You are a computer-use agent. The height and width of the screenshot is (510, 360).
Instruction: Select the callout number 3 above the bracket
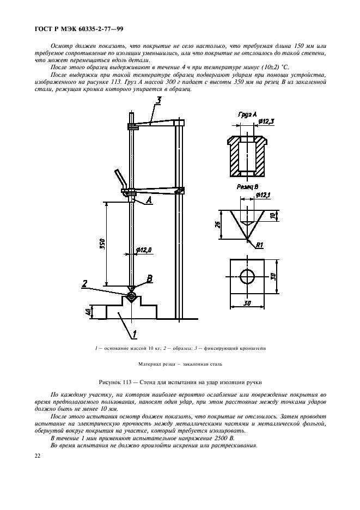tap(158, 100)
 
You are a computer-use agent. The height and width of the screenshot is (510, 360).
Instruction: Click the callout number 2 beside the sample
tap(85, 282)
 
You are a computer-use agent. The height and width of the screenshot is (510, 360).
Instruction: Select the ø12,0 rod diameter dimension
tap(144, 251)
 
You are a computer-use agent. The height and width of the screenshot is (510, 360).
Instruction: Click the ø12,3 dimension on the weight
tap(266, 120)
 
